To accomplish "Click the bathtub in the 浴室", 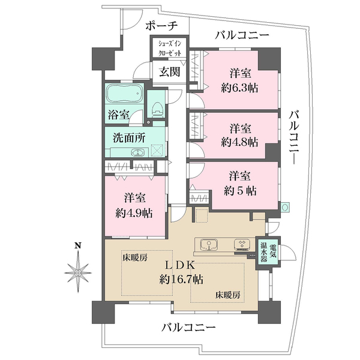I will pyautogui.click(x=124, y=95).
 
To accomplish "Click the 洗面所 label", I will pyautogui.click(x=130, y=137).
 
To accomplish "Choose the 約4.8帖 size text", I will pyautogui.click(x=240, y=142).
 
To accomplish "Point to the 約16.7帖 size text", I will pyautogui.click(x=181, y=279).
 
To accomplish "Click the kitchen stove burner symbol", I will pyautogui.click(x=242, y=245).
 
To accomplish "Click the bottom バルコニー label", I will pyautogui.click(x=188, y=328).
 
